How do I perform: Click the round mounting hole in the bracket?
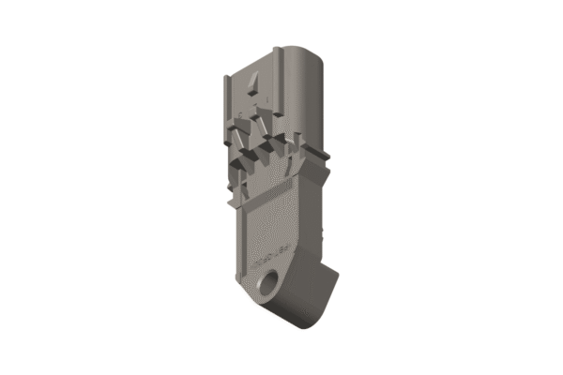coord(274,282)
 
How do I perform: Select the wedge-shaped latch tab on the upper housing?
coord(251,85)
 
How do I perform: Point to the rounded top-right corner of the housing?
coord(314,52)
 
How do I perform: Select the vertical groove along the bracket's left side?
coord(240,244)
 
